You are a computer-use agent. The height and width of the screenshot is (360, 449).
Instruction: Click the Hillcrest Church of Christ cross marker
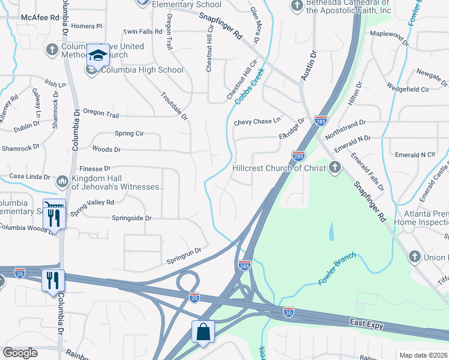click(x=336, y=168)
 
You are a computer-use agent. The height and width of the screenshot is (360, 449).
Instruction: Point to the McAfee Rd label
click(x=40, y=18)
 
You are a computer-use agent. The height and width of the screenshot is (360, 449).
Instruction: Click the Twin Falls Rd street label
click(x=143, y=32)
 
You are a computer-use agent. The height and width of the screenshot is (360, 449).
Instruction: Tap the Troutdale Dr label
click(x=174, y=104)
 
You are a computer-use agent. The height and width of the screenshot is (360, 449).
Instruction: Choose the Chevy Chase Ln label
click(x=257, y=121)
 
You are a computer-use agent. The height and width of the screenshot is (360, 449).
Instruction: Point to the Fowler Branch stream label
click(x=337, y=268)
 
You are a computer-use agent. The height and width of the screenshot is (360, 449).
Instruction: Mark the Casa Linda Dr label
click(x=29, y=176)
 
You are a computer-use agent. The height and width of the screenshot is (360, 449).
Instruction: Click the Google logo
click(x=20, y=353)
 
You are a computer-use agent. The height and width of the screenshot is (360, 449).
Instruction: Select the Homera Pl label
click(x=87, y=26)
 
